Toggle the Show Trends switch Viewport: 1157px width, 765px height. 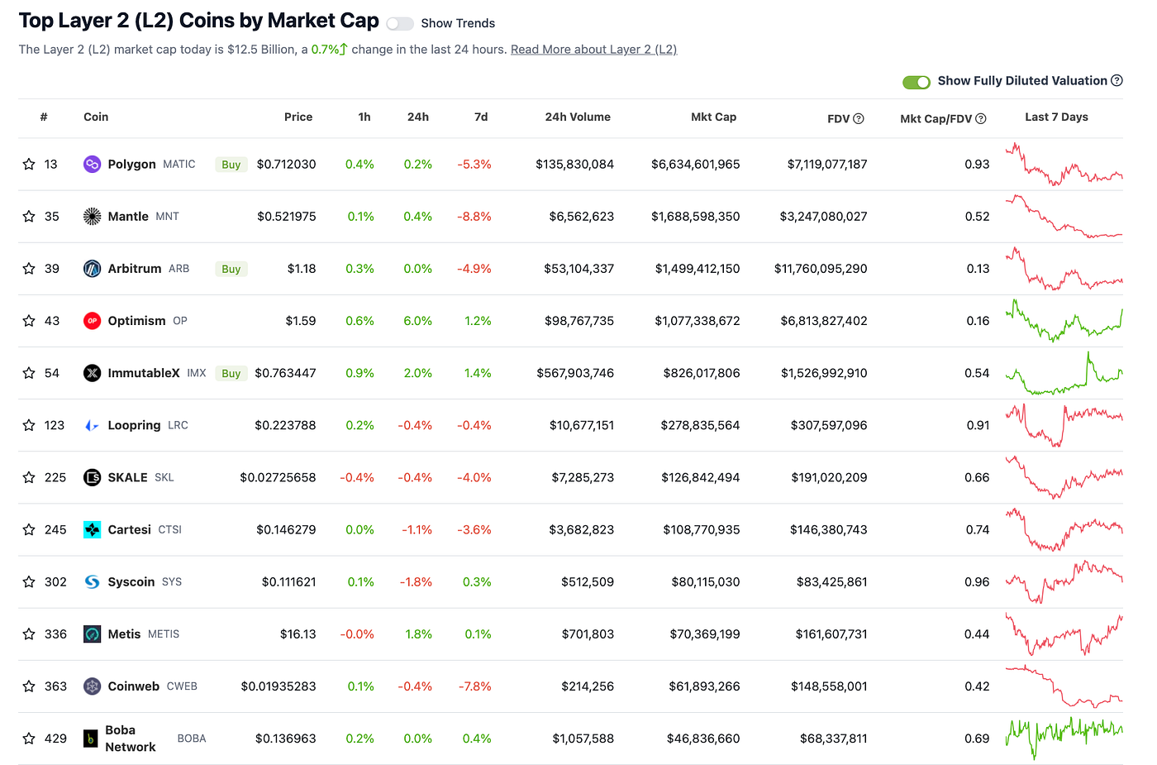[x=400, y=24]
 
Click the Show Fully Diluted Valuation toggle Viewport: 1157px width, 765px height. [x=916, y=82]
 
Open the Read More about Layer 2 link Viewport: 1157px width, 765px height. [x=593, y=50]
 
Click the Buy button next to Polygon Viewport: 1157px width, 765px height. [x=231, y=165]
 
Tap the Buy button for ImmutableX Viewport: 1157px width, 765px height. [x=231, y=374]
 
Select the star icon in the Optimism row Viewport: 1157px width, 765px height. [x=29, y=321]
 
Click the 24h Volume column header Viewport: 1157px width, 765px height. [x=577, y=117]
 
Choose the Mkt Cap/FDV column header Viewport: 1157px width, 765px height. [x=936, y=119]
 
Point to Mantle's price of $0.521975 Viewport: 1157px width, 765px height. [x=286, y=217]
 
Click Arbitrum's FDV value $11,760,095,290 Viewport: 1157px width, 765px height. [x=821, y=269]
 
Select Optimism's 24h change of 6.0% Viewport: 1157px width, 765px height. [x=417, y=321]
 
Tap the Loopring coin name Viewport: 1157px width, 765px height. [x=134, y=426]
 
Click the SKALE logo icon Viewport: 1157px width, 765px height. [x=93, y=478]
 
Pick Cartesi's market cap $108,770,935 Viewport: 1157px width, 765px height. [x=701, y=530]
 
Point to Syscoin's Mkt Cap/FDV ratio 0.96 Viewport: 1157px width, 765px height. [x=977, y=582]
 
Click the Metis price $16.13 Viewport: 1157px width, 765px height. [x=298, y=634]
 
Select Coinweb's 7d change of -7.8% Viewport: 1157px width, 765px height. [x=474, y=686]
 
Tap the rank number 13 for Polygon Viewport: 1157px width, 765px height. [x=51, y=165]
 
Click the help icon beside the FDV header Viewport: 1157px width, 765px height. [x=859, y=119]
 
